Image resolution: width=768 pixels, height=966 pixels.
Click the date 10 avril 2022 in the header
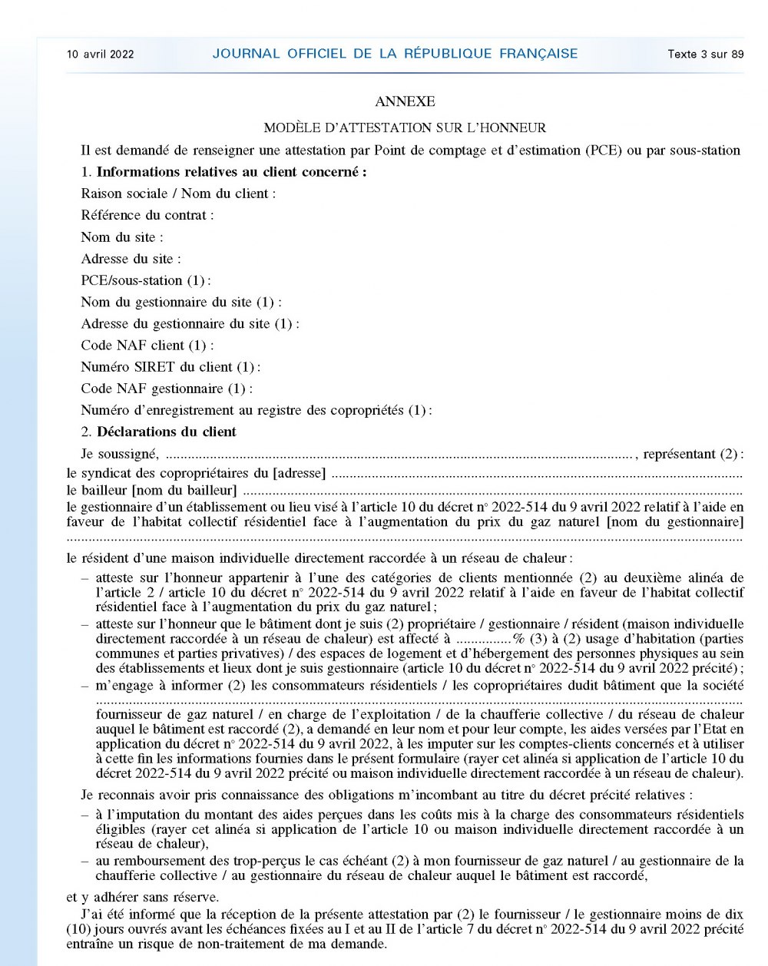click(x=101, y=54)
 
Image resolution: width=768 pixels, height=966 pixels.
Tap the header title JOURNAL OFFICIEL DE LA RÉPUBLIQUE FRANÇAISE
click(x=395, y=54)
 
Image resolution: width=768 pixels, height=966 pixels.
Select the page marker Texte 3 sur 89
click(x=705, y=54)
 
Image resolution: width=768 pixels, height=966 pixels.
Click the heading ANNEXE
click(x=405, y=101)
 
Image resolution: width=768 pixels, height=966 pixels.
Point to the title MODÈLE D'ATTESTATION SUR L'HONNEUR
click(x=405, y=127)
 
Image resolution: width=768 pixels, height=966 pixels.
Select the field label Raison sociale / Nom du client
click(x=178, y=194)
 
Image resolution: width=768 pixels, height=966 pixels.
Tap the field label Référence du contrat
click(x=147, y=215)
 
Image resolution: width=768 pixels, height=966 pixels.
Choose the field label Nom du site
click(x=122, y=237)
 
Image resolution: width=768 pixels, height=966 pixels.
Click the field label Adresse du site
click(x=131, y=259)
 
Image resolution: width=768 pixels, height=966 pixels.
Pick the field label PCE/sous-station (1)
click(x=146, y=280)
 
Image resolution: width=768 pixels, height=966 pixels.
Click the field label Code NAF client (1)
click(x=147, y=346)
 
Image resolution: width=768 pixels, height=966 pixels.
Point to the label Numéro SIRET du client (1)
click(x=170, y=367)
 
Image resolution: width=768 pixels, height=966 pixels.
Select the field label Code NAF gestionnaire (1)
click(x=167, y=389)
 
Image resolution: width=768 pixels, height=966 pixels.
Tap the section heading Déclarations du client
click(x=167, y=432)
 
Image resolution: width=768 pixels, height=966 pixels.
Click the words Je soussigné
click(x=120, y=454)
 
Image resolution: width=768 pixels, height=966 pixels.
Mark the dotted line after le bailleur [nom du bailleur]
click(x=492, y=491)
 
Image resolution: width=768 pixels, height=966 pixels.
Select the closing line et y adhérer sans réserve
click(x=143, y=897)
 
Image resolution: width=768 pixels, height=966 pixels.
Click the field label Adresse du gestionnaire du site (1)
click(x=190, y=324)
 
